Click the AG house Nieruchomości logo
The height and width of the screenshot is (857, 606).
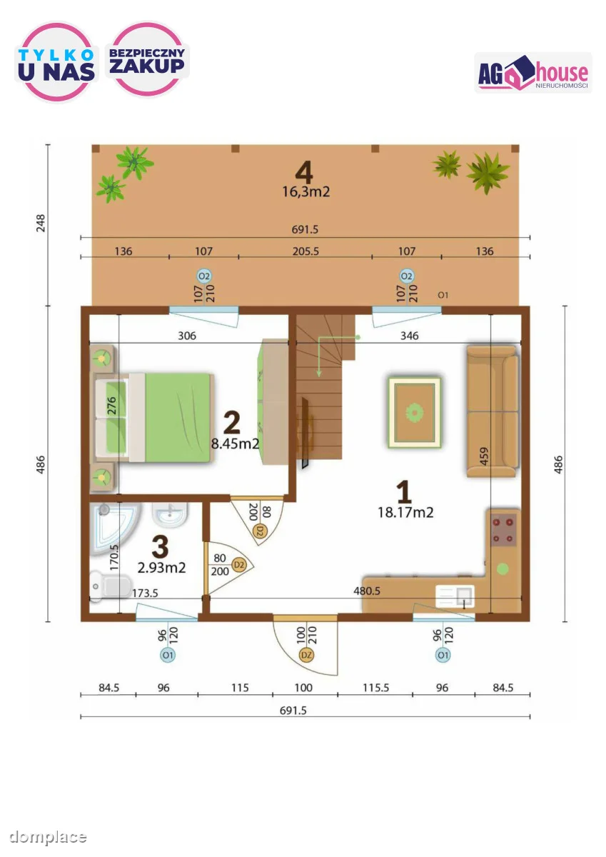tap(533, 73)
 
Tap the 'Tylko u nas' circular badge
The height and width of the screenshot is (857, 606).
tap(56, 61)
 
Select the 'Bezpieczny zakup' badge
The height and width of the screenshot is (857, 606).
tap(147, 59)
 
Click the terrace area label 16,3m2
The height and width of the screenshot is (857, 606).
tap(306, 191)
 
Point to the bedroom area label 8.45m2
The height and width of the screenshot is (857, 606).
tap(235, 443)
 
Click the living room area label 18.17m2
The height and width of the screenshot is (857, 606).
tap(405, 513)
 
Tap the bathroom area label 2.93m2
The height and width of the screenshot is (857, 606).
tap(162, 567)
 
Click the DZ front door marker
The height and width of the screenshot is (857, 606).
tap(306, 655)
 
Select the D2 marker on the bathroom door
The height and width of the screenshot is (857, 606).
tap(239, 565)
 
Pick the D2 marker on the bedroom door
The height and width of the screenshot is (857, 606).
tap(260, 531)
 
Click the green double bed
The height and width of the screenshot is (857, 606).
tap(153, 417)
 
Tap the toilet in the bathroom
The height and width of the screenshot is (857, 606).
tap(110, 586)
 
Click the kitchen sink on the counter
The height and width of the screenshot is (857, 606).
tap(455, 596)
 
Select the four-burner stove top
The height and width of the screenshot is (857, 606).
tap(503, 530)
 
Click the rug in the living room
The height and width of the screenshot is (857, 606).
tap(415, 413)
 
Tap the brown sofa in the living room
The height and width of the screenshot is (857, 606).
tap(493, 411)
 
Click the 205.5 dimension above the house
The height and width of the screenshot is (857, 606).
tap(305, 251)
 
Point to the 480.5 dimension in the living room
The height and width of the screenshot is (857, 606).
tap(367, 591)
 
